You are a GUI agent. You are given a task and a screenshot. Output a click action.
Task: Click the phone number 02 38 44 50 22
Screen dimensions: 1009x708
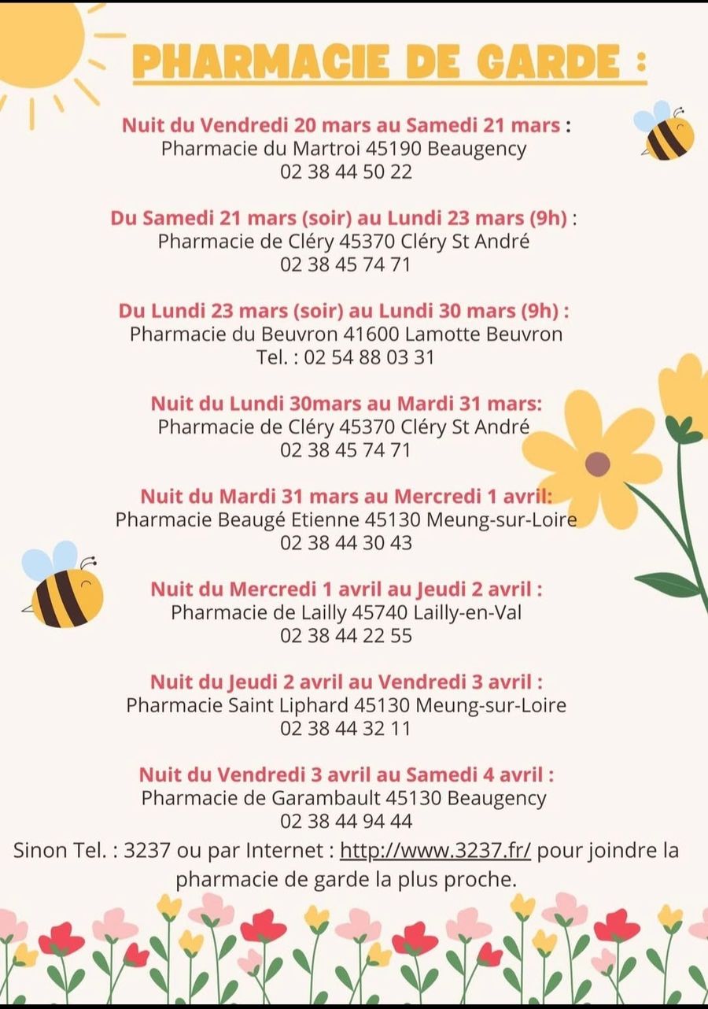pyautogui.click(x=346, y=172)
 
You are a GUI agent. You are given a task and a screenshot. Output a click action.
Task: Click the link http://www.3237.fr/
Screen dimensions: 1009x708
pyautogui.click(x=436, y=851)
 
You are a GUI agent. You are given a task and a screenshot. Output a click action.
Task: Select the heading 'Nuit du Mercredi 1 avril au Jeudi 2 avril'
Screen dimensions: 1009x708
pyautogui.click(x=346, y=589)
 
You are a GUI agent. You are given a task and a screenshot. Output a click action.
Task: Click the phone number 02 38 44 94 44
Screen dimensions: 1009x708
pyautogui.click(x=346, y=821)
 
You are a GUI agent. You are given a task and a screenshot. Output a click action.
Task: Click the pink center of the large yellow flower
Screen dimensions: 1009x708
pyautogui.click(x=597, y=464)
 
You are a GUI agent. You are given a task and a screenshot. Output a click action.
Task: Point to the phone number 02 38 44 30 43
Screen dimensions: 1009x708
pyautogui.click(x=346, y=542)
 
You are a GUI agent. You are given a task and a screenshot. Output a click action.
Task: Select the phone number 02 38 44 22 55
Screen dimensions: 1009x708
pyautogui.click(x=346, y=635)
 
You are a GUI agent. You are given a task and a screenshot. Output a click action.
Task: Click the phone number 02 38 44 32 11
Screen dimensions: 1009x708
pyautogui.click(x=346, y=728)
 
